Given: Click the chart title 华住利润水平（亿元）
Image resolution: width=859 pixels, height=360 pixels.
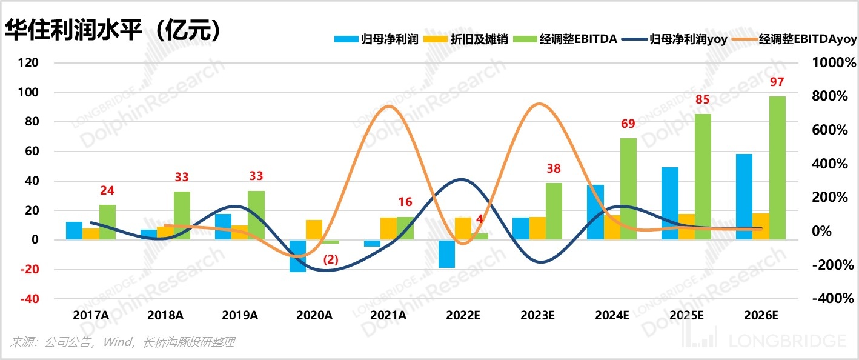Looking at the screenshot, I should (113, 30).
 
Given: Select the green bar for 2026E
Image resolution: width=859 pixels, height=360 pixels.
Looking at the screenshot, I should (778, 168).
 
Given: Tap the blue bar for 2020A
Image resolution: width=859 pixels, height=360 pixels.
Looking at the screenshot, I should (297, 256).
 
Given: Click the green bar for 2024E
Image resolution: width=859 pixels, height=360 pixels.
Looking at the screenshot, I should (628, 188).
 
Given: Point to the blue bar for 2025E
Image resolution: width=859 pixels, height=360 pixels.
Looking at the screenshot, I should (669, 203).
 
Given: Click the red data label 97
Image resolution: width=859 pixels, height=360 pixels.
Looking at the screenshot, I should (777, 82).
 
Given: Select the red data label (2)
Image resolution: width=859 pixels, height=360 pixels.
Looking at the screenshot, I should (331, 259).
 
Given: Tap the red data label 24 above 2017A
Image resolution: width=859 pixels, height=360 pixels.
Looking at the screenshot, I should (107, 190).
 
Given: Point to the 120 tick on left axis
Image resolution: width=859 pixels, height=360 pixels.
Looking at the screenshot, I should (28, 63).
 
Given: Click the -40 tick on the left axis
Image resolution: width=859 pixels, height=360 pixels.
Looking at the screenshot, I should (28, 299).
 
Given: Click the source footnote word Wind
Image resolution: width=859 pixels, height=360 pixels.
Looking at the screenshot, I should (118, 342).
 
